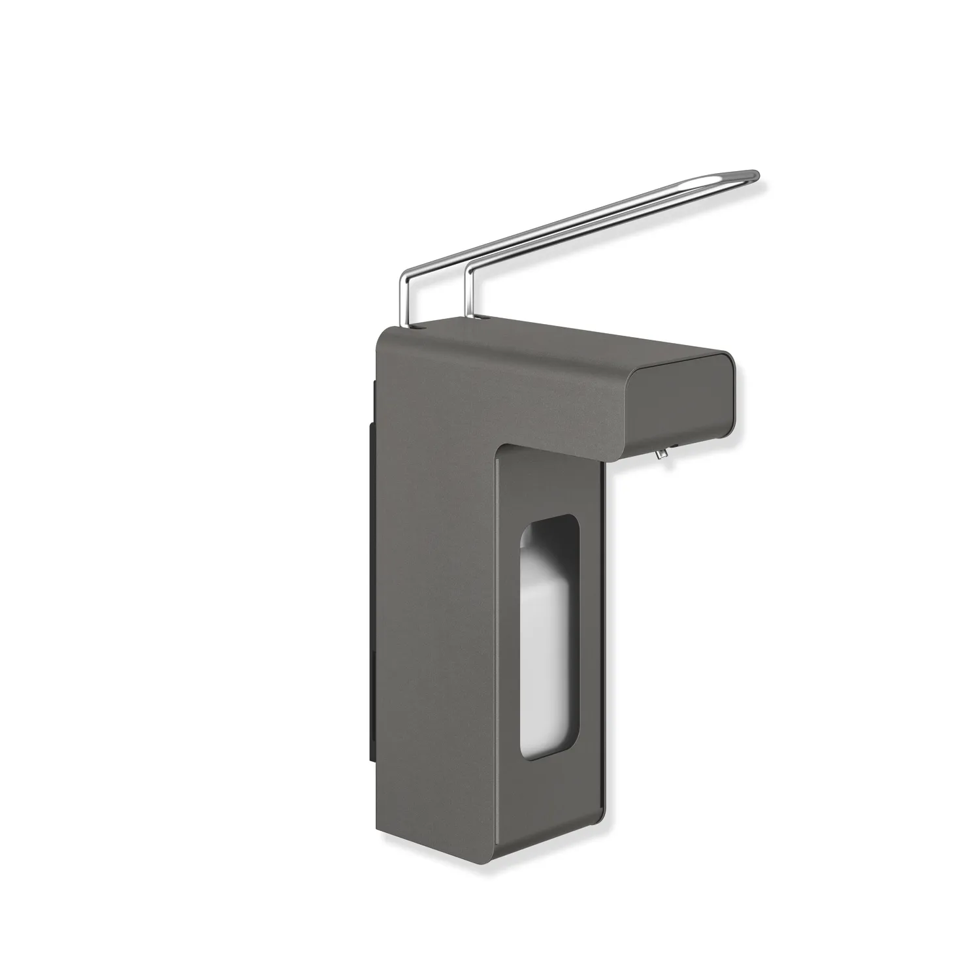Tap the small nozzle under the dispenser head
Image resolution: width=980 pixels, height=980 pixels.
click(661, 451)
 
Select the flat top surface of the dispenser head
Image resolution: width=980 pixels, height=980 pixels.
click(575, 340)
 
